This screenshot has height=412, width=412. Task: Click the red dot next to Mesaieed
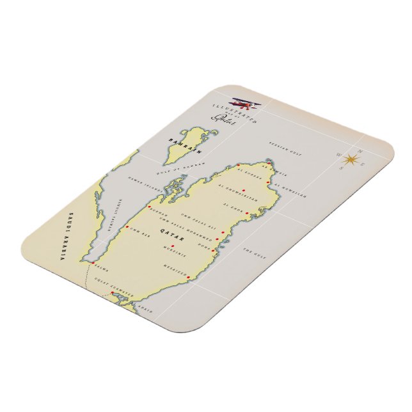tap(189, 270)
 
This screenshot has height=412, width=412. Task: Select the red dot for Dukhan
tap(150, 208)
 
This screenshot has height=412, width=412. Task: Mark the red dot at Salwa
tap(93, 262)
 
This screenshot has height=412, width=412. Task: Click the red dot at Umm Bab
tap(127, 226)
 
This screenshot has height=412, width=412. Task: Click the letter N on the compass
tap(360, 152)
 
